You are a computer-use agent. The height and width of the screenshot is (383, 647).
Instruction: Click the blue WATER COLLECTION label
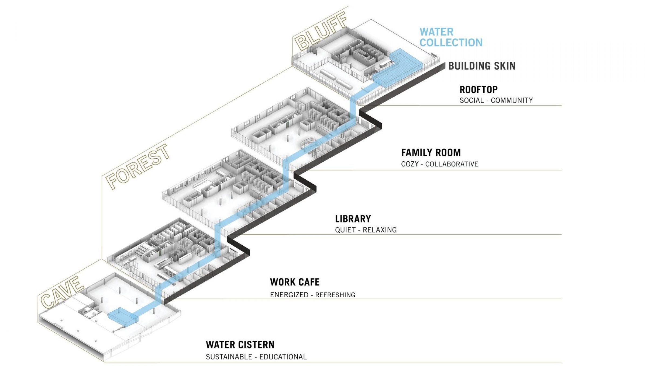[x=451, y=37]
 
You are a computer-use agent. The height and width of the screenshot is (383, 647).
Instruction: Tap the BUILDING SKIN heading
[x=481, y=66]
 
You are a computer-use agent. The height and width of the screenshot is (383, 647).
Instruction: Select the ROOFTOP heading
[x=478, y=89]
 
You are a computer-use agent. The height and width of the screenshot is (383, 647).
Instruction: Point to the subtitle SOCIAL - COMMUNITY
[x=496, y=100]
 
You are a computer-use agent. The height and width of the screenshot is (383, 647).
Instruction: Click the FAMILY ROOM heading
[x=431, y=153]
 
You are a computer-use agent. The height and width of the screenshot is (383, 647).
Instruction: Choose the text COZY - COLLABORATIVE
[x=439, y=164]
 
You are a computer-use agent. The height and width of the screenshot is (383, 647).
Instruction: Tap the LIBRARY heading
[x=353, y=219]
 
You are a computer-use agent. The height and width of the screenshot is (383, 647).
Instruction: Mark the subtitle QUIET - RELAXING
[x=366, y=230]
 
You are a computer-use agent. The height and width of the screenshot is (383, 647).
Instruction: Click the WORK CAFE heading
[x=294, y=282]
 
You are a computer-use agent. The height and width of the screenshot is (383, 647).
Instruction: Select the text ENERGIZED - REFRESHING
[x=312, y=295]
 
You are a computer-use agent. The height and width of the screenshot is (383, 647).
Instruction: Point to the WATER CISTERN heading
[x=240, y=345]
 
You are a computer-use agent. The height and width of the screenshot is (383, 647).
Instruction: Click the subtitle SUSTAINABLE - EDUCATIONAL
[x=256, y=357]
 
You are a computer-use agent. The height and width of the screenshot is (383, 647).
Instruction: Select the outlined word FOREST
[x=137, y=166]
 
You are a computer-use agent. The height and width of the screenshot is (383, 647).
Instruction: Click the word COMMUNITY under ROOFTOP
[x=512, y=100]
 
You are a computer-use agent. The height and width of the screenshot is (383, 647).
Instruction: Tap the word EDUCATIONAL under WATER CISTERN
[x=283, y=357]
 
